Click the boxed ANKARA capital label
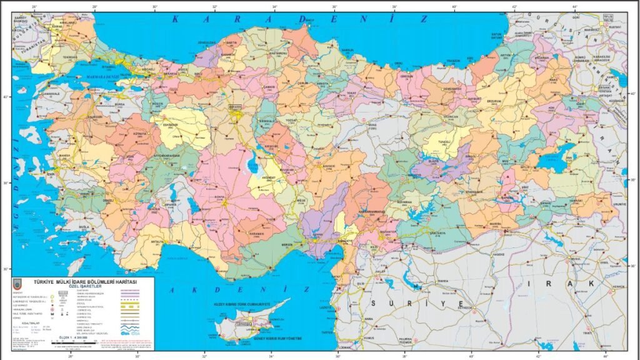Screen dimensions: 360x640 click(236, 107)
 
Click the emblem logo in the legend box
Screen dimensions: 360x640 click(18, 284)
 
